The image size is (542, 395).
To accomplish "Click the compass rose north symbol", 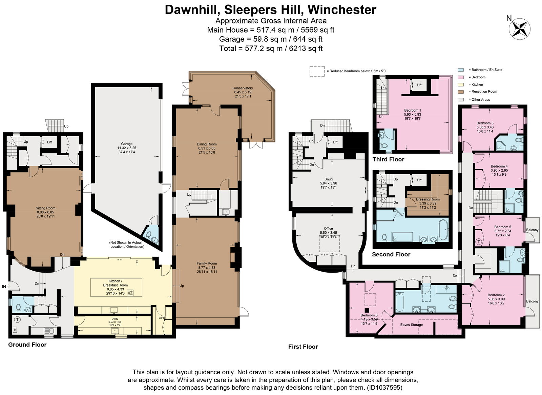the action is [519, 29].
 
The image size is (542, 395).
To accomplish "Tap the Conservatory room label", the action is [243, 88].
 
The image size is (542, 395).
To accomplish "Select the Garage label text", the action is [127, 144].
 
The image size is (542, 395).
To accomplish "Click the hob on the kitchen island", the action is [130, 293].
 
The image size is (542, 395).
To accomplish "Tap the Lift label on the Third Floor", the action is [419, 85].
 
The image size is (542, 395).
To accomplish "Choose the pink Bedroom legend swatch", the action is [460, 77].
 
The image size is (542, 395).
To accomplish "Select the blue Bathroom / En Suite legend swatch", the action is [460, 70].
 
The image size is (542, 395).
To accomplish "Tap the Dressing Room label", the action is [428, 199].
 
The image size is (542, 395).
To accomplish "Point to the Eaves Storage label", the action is [411, 325].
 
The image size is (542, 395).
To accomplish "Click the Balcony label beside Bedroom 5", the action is [532, 230].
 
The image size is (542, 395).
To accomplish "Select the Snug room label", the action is [328, 179].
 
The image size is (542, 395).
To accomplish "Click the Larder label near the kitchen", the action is [162, 318].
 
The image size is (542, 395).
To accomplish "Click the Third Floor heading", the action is [388, 159].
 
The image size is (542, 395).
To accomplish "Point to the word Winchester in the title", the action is [342, 10].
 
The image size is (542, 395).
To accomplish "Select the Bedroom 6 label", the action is [369, 315].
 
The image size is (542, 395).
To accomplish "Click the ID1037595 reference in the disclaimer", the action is [384, 387].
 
